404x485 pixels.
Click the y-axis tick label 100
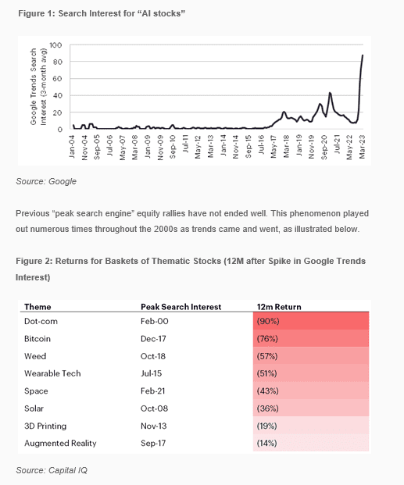(x=55, y=45)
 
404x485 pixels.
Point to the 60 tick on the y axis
(x=58, y=79)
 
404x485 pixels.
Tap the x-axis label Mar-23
(x=363, y=147)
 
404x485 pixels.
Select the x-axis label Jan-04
(x=72, y=147)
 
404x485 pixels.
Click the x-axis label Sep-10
(x=173, y=147)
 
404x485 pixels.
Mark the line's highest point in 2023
(x=363, y=55)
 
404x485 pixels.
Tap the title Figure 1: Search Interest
(x=102, y=13)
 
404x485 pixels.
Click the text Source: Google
(x=46, y=181)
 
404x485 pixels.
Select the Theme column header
(x=38, y=307)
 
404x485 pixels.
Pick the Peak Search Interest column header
(x=181, y=307)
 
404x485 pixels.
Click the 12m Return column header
(x=279, y=307)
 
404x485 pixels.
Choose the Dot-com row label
(x=41, y=321)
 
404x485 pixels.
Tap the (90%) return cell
(x=268, y=321)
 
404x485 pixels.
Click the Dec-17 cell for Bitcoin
(x=153, y=339)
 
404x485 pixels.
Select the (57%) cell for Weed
(x=267, y=356)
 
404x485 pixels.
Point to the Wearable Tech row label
(x=52, y=373)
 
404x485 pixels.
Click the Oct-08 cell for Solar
(x=154, y=408)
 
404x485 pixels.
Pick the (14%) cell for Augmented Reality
(x=266, y=444)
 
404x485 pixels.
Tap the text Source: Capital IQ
(x=52, y=470)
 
